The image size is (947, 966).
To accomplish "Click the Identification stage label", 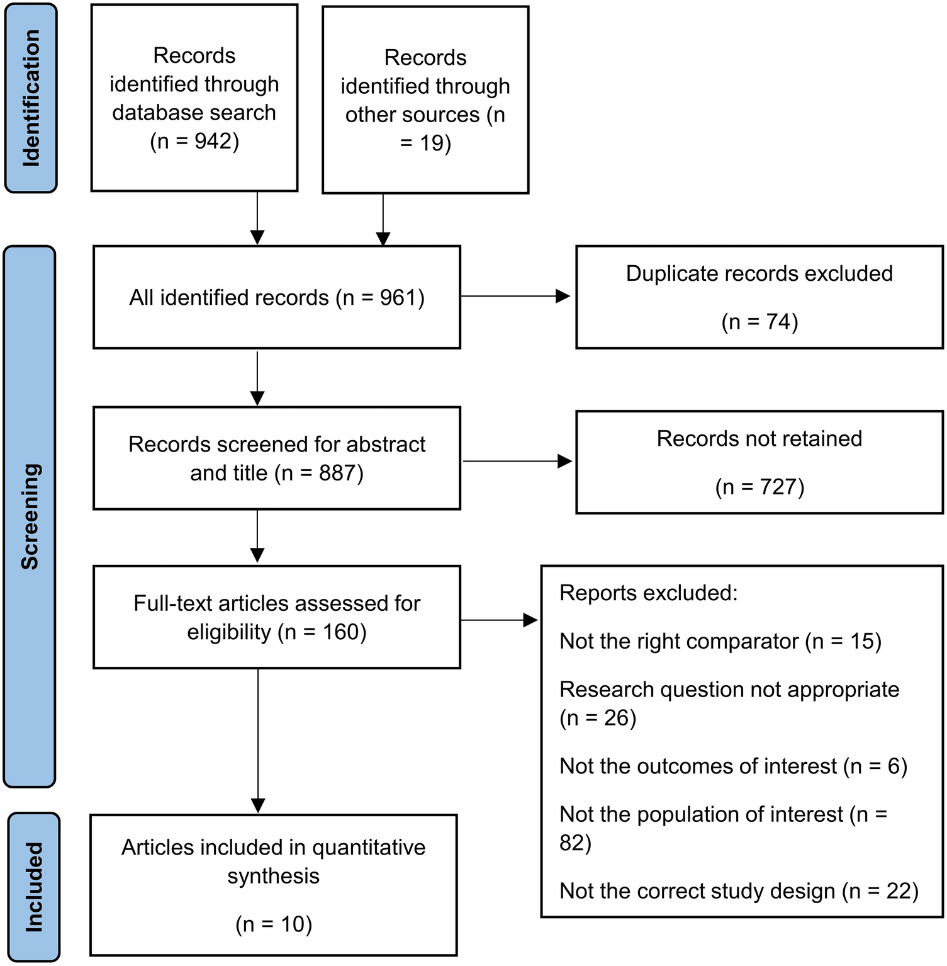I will (x=31, y=98).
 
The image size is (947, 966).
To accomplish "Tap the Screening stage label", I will (x=30, y=516).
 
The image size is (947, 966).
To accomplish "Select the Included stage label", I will (x=34, y=887).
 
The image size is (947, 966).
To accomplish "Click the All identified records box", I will (x=277, y=297).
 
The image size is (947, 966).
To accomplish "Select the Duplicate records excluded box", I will (x=759, y=297).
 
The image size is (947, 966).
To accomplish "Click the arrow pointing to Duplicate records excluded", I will (x=515, y=296).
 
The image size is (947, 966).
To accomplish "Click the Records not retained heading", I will (x=759, y=438).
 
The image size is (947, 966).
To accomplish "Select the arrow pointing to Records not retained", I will (x=517, y=462).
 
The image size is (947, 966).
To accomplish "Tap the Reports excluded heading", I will (x=648, y=593).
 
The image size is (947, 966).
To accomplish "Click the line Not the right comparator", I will (x=720, y=641).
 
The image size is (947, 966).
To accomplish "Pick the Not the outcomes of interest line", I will (x=733, y=766).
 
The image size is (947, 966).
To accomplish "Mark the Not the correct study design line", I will (x=739, y=891).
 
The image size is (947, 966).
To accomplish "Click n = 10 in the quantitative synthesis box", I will (x=274, y=924).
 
